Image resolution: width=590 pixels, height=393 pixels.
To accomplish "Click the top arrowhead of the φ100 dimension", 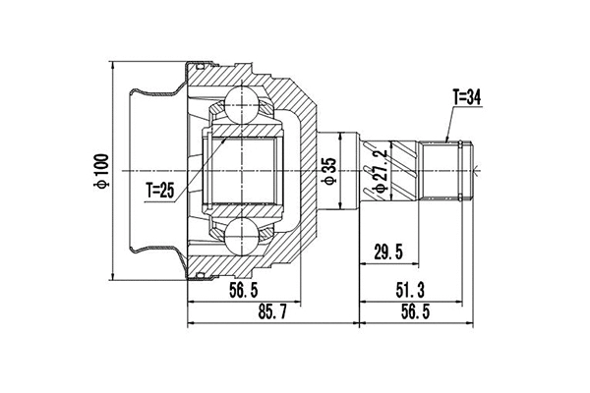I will (114, 65).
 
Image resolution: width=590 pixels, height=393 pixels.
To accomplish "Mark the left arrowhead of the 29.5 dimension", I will (364, 265).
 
